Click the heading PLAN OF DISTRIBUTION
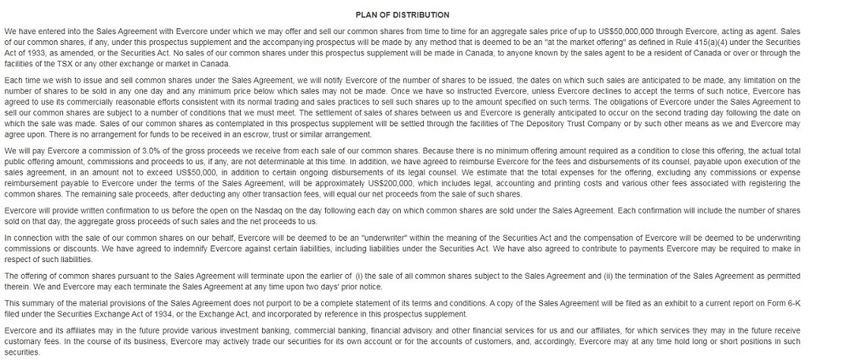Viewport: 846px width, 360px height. coord(424,14)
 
